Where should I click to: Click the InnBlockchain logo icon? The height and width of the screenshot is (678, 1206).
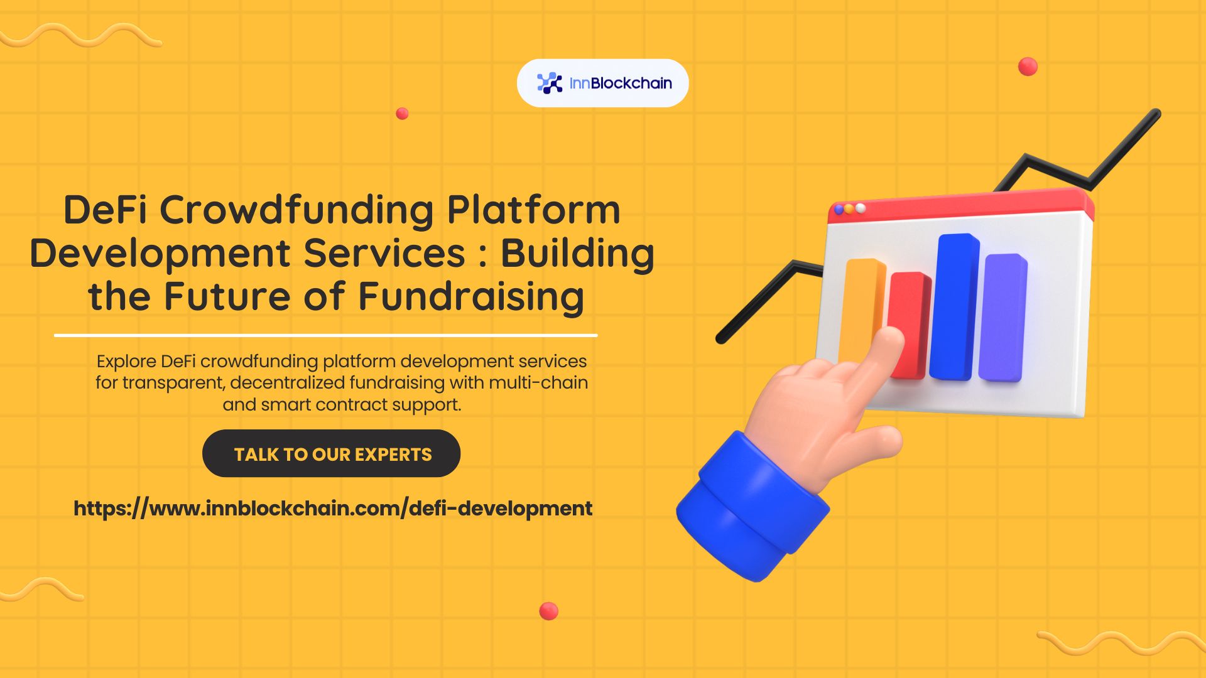550,83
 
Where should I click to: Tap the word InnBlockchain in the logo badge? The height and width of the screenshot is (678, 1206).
621,83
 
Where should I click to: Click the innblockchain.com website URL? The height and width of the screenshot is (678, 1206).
333,508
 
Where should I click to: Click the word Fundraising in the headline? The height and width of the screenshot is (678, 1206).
471,296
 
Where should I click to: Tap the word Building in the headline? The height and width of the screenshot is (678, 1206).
577,253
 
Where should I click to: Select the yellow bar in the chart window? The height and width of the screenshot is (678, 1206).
862,301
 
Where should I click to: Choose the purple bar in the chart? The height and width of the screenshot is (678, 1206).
1004,317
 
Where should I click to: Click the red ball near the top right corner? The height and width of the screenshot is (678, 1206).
1028,67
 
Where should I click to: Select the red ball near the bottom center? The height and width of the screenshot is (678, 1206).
548,611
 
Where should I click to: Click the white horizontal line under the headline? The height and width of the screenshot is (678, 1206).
325,335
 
